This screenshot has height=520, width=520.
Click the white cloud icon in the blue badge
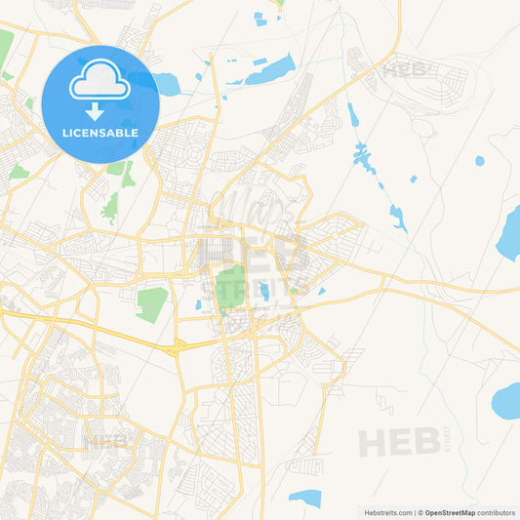point(100,85)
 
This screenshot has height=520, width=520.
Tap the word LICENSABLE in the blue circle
point(100,133)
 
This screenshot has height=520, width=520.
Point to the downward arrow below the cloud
point(100,109)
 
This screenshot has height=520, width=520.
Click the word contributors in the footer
point(497,512)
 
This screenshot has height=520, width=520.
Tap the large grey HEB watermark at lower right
point(399,442)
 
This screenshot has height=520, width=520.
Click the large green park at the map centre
point(232,285)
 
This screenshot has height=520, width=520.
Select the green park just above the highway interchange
point(151,303)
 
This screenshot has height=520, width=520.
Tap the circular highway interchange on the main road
point(177,347)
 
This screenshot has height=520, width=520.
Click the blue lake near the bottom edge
point(306,498)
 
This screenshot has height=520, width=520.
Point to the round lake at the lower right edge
point(507,399)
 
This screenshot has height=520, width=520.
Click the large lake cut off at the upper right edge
point(509,234)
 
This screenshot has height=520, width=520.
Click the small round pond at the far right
point(479,161)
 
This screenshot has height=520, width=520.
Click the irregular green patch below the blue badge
point(110,208)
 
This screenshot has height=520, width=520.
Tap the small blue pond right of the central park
point(264,291)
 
